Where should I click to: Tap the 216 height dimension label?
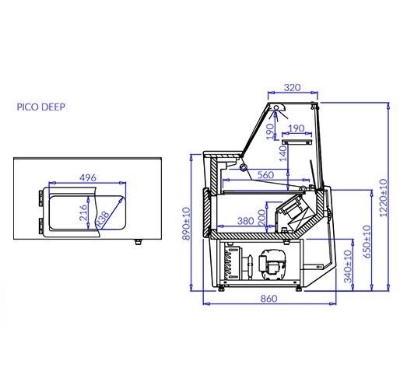(82, 212)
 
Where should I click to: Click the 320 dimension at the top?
(292, 88)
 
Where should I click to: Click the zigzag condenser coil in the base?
(228, 261)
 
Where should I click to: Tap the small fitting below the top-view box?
(139, 241)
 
